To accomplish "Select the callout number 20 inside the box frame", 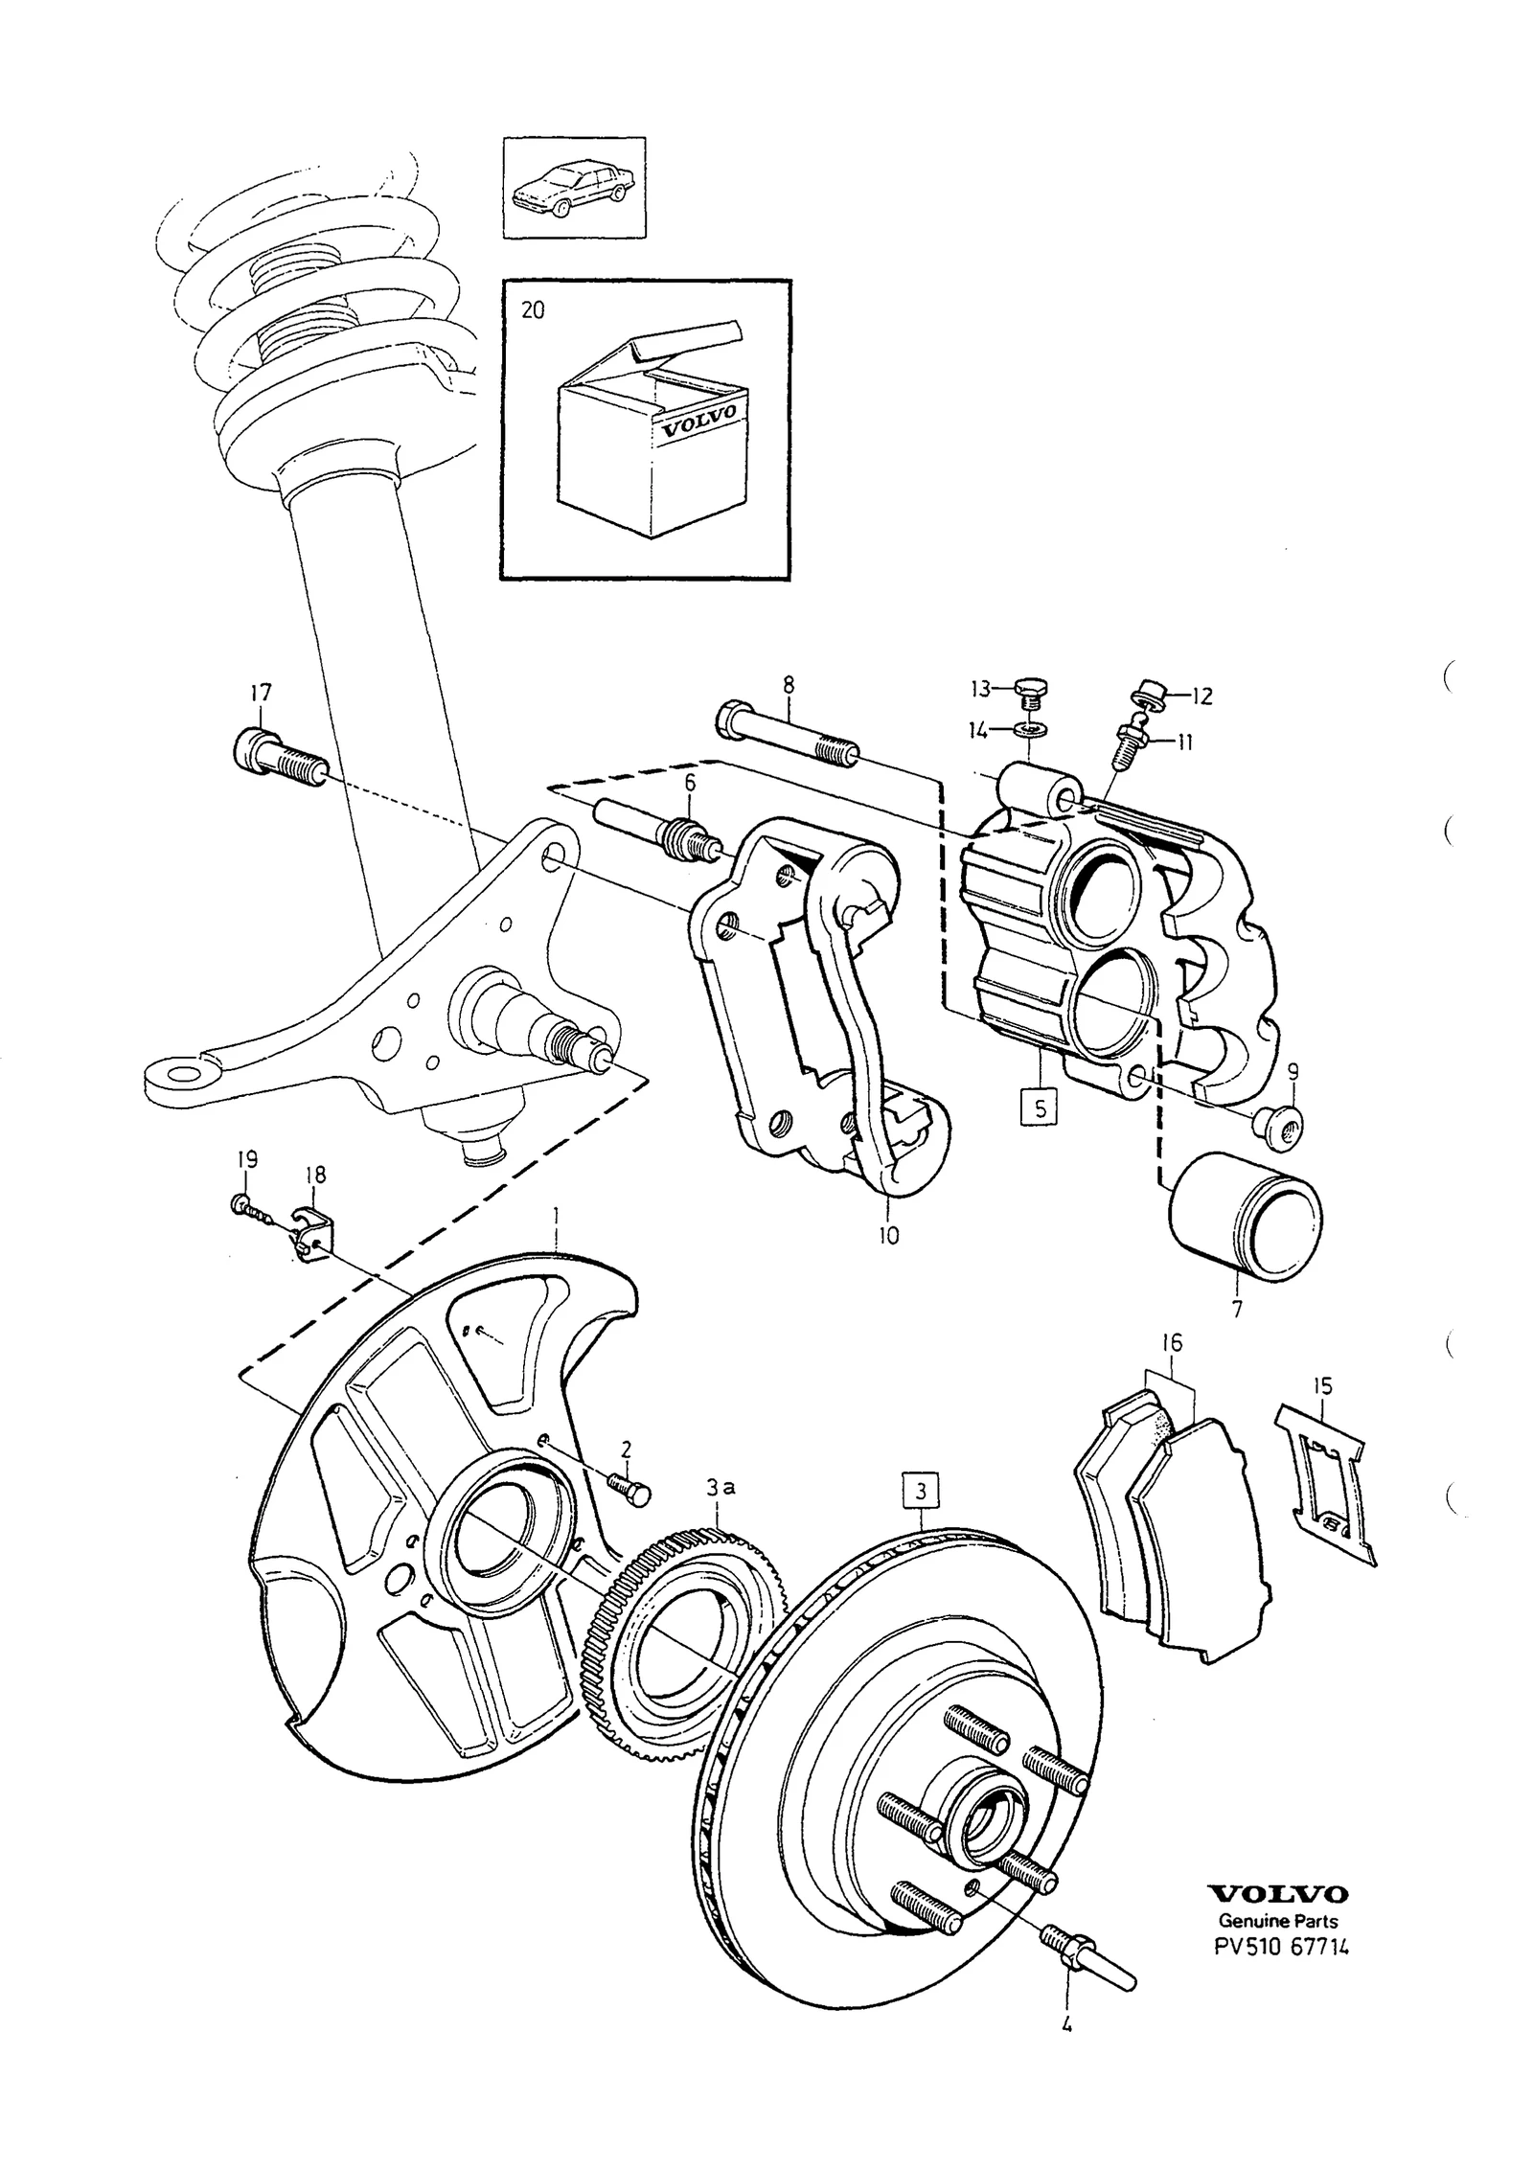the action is coord(532,311).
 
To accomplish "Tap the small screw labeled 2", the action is coord(629,1512).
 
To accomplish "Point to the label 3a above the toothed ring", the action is coord(721,1488).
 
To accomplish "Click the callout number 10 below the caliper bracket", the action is coord(888,1236).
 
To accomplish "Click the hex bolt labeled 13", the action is coord(1029,692).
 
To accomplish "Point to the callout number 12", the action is coord(1201,696).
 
